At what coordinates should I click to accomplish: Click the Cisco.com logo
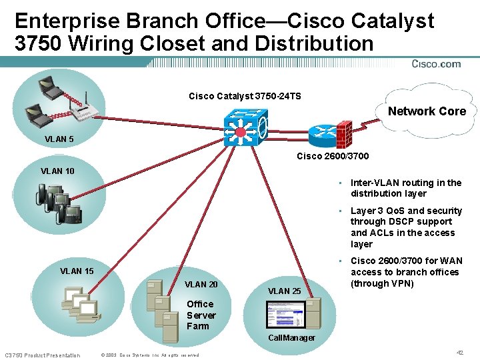point(436,64)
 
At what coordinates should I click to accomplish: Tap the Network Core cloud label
point(427,111)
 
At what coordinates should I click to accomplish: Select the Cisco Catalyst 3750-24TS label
point(245,96)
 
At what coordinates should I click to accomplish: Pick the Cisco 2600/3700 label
point(332,156)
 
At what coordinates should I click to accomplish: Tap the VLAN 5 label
point(59,140)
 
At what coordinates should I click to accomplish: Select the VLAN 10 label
point(57,171)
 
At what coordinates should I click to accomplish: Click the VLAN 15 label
point(77,271)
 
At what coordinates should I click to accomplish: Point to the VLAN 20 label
point(201,284)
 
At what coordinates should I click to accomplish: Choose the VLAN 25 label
point(284,291)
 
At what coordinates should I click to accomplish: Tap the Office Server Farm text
point(201,315)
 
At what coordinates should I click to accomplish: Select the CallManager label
point(291,338)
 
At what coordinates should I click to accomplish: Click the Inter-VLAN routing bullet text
point(405,188)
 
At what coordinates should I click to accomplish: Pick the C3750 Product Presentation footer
point(42,355)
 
